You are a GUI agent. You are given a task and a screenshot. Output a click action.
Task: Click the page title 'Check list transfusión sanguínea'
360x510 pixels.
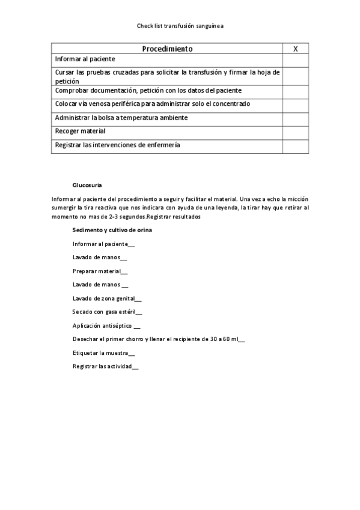pos(180,26)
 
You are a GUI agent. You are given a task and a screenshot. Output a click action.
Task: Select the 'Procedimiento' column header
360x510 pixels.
pos(167,48)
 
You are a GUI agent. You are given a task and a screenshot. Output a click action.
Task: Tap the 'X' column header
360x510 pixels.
pos(295,48)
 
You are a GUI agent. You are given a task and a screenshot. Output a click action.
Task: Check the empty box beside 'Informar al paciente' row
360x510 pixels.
pos(295,60)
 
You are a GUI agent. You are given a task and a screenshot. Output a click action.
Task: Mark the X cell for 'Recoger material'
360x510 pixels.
pos(295,131)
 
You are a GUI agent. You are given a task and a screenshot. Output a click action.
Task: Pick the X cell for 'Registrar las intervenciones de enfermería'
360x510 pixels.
pos(295,146)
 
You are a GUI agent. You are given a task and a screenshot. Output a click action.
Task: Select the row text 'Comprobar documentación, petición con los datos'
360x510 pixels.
pos(148,90)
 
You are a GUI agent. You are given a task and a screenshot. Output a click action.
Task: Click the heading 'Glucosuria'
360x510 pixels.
pos(87,185)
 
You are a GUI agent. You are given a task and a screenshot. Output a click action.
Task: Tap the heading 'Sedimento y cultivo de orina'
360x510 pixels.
pos(112,230)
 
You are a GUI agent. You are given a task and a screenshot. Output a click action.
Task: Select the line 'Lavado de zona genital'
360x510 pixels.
pos(107,298)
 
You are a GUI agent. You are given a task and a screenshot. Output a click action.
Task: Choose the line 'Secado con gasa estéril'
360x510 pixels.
pos(107,312)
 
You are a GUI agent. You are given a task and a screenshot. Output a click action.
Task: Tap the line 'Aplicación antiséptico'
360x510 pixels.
pos(106,325)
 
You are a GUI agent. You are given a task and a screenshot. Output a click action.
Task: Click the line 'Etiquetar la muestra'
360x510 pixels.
pos(103,352)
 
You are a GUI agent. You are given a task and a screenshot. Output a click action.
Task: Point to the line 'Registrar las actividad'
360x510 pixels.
pos(105,366)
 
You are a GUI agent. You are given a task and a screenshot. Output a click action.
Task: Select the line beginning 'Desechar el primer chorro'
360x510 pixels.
pos(158,339)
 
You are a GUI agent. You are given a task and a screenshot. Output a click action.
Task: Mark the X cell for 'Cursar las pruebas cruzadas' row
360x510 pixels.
pos(295,76)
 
